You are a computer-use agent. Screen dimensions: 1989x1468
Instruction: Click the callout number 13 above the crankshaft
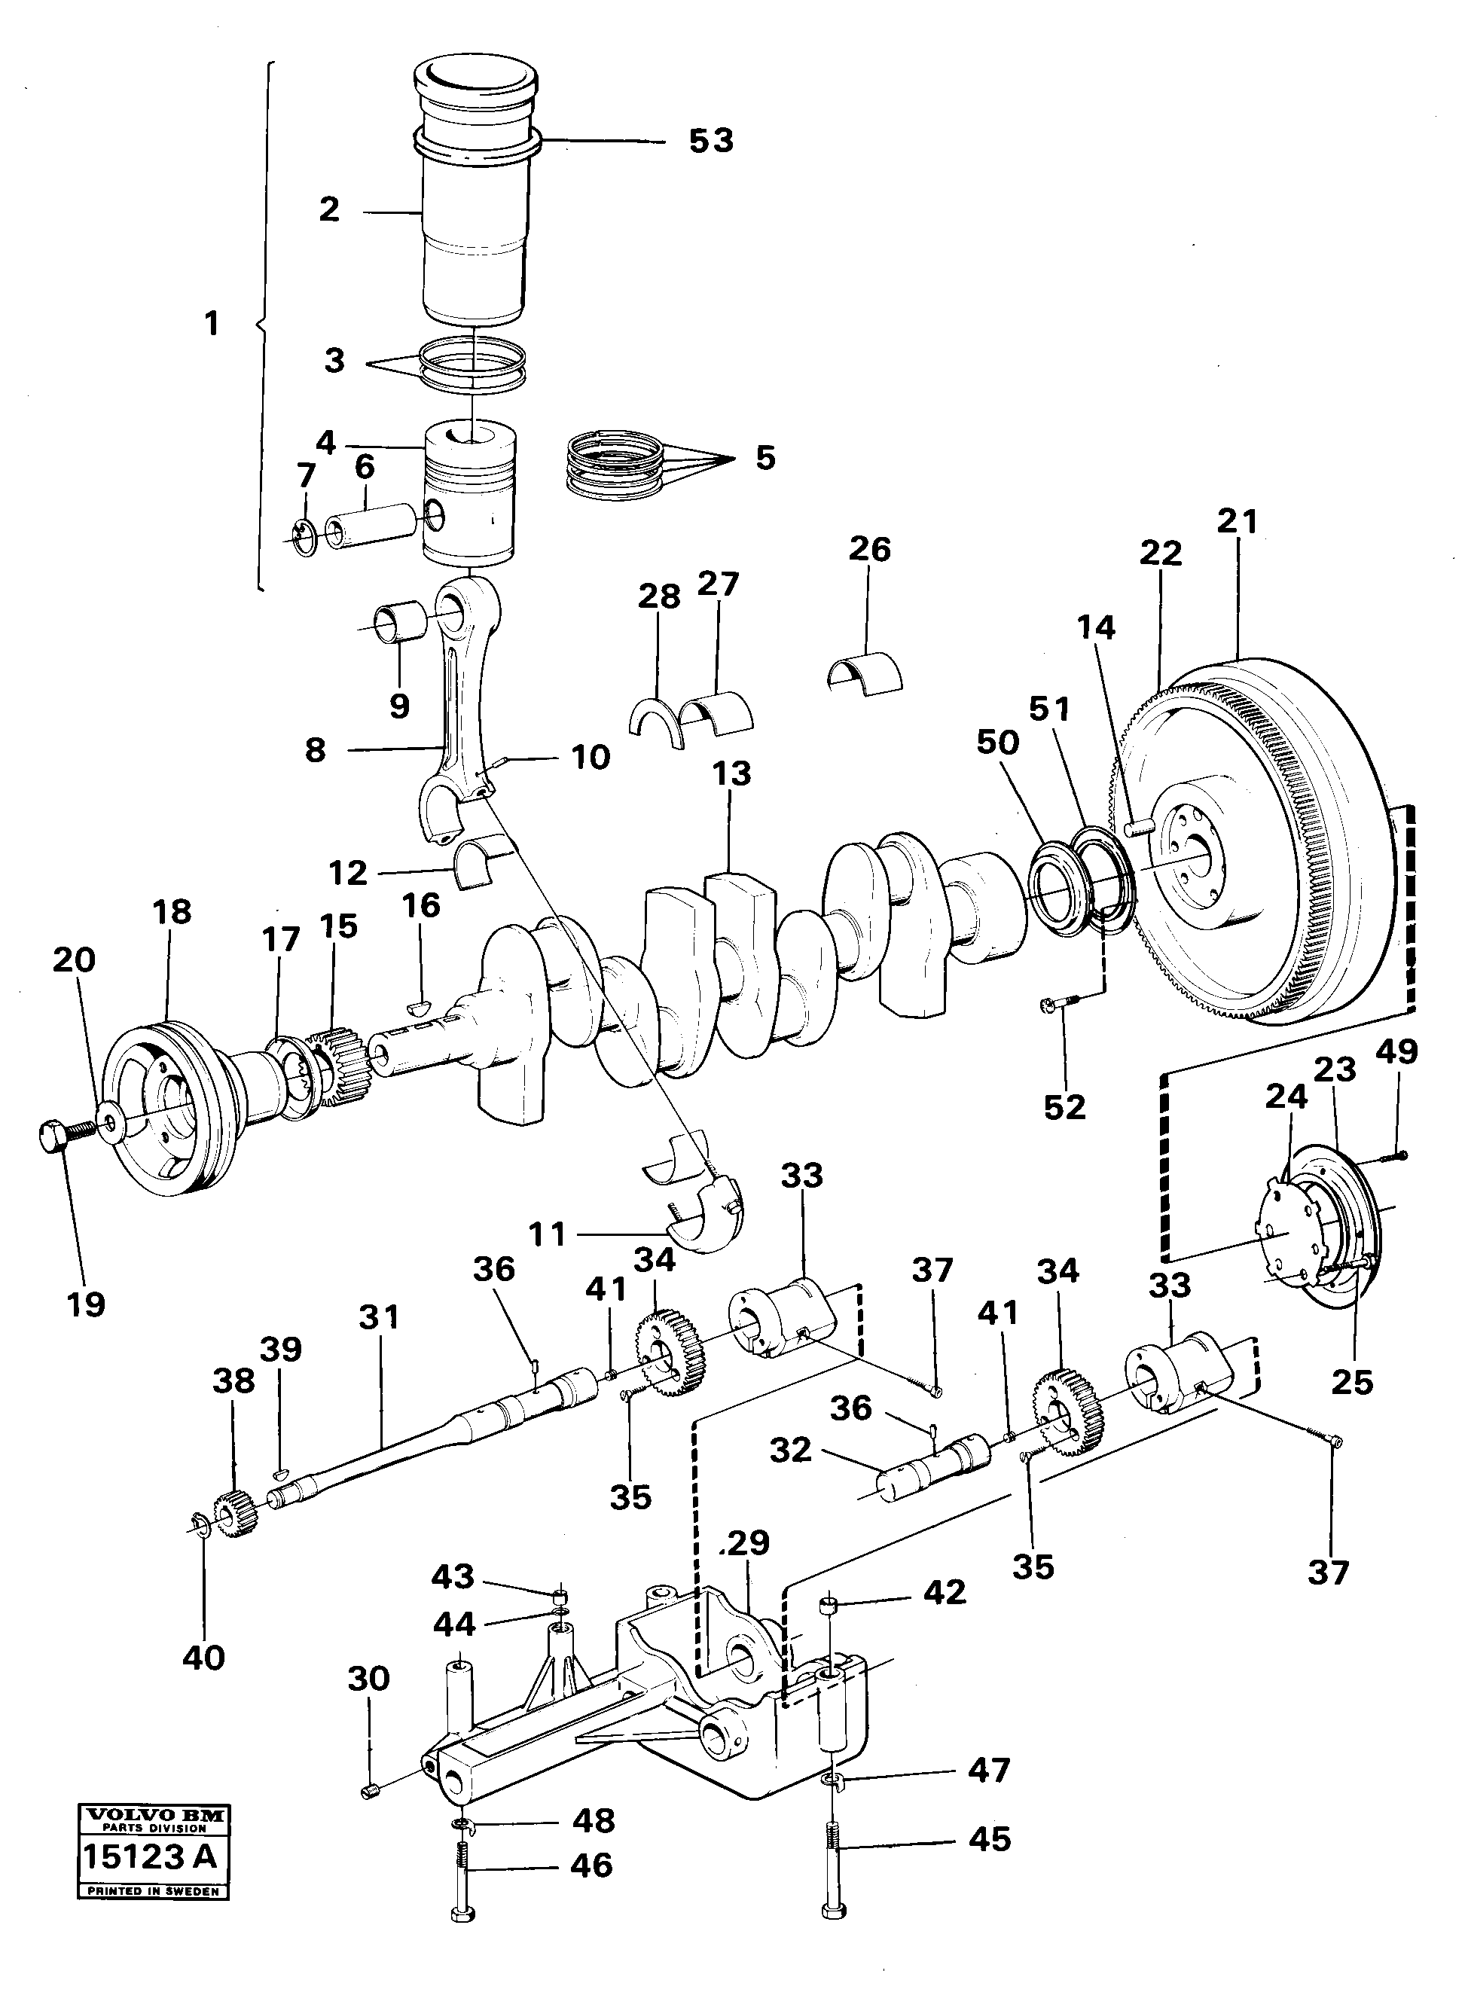point(731,773)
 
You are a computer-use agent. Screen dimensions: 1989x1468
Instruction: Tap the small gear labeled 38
point(237,1515)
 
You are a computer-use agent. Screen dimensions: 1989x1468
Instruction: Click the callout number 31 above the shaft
point(380,1316)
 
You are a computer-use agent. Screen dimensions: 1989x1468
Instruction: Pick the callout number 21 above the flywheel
point(1238,521)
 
